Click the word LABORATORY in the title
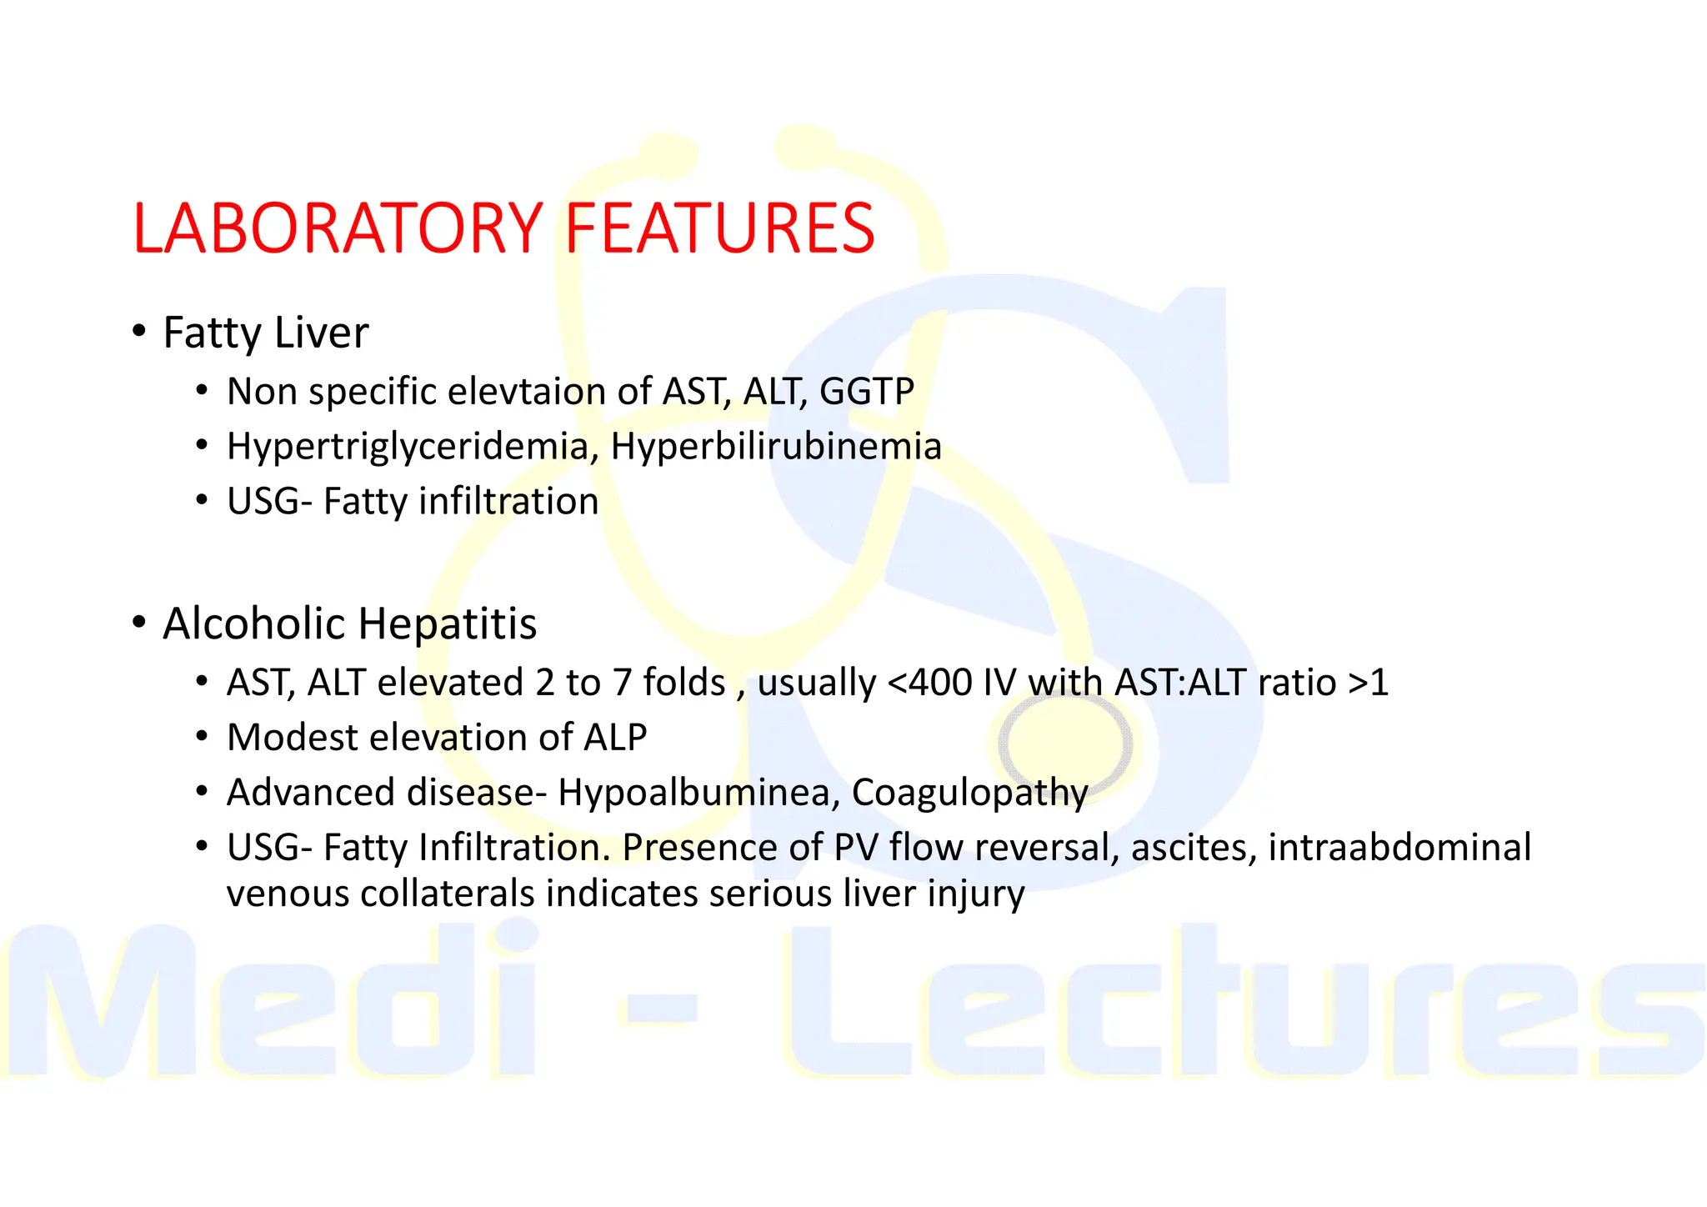(338, 228)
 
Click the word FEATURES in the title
(719, 228)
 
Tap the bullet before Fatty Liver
(139, 331)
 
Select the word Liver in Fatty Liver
(321, 333)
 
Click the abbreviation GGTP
(867, 391)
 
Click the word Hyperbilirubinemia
(776, 446)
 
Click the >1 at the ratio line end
(1368, 683)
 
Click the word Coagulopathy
(969, 793)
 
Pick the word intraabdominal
(1399, 848)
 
